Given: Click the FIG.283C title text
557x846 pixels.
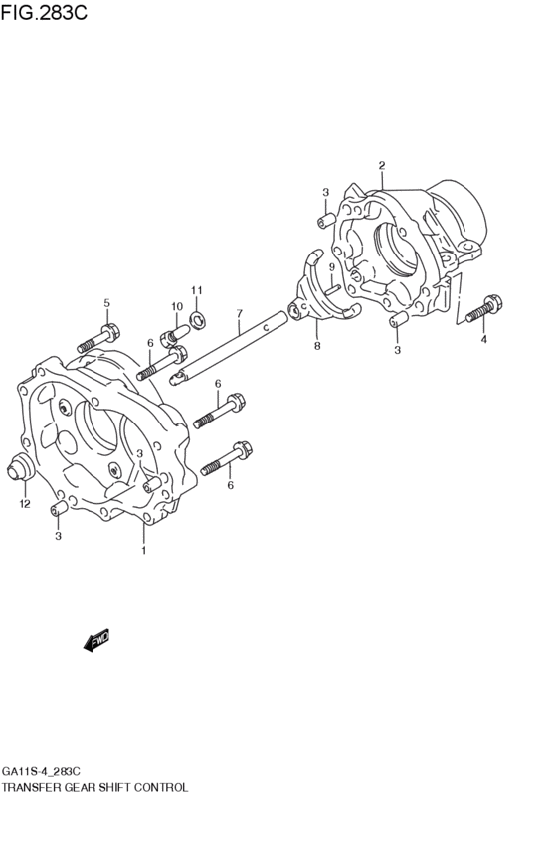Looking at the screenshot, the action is tap(44, 12).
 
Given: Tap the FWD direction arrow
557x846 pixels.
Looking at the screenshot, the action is tap(96, 640).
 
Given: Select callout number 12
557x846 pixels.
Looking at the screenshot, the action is tap(25, 504).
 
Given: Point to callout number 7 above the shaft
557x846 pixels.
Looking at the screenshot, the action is tap(239, 313).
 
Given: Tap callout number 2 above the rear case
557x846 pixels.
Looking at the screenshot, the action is tap(382, 165).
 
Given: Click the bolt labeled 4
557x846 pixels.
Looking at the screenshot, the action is tap(482, 310).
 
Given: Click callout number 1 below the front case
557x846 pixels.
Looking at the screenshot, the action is tap(143, 551).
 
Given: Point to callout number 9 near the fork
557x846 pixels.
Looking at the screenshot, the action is tap(332, 267).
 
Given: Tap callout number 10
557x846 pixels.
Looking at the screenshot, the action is tap(177, 307).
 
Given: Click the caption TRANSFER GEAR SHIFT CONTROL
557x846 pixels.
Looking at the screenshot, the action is tap(95, 787).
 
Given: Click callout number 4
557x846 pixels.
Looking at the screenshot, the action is tap(483, 339).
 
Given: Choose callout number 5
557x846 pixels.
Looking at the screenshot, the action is tap(106, 303).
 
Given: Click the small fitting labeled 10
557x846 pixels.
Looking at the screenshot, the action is tap(174, 337).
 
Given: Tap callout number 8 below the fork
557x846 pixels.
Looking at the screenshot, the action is tap(317, 345).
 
